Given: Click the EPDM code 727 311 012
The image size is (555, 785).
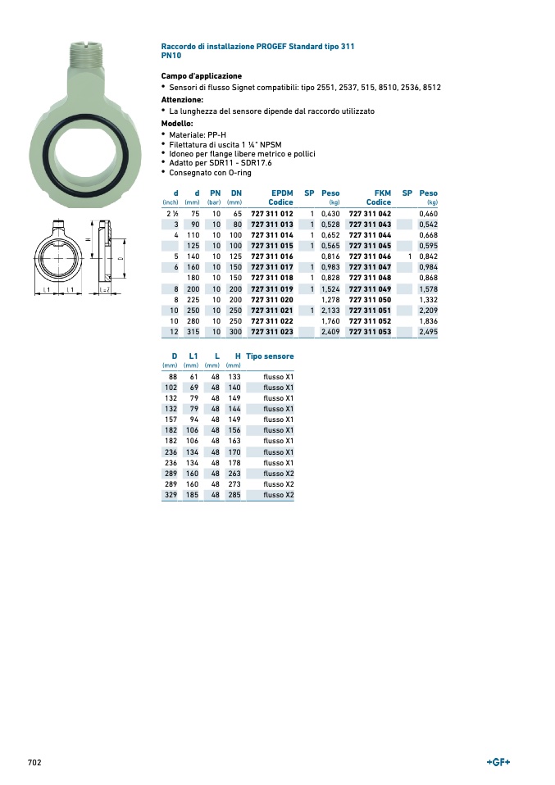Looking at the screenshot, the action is click(272, 214).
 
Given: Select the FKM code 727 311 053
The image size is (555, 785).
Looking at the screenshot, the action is click(371, 332).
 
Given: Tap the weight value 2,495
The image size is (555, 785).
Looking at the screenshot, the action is click(428, 332).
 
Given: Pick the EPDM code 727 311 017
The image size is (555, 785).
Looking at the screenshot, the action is click(272, 267).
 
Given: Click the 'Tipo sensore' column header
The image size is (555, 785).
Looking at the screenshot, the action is click(270, 356).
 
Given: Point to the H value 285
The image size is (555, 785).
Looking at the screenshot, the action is click(234, 495).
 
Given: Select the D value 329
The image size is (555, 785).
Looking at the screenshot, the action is click(171, 495).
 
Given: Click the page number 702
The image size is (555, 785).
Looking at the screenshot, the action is click(34, 763).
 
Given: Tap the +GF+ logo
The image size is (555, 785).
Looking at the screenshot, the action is click(498, 763).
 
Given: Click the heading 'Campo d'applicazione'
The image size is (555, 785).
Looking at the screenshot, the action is click(202, 76).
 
